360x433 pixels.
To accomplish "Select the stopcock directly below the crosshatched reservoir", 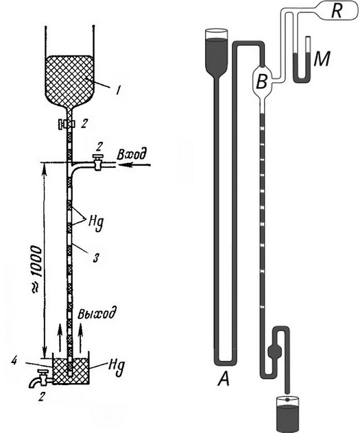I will point(66,124).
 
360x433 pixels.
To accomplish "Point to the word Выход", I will point(94,316).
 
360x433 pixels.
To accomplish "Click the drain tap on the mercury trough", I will point(40,378).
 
